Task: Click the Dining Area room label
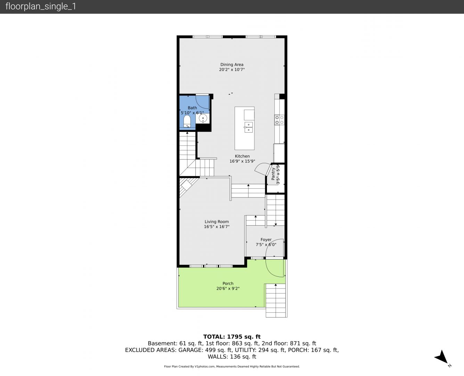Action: click(232, 65)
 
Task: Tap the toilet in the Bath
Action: click(187, 121)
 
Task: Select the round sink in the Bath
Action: click(203, 119)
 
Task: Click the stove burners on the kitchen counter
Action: click(279, 120)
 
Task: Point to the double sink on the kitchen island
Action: click(249, 127)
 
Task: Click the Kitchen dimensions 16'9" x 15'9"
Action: click(242, 161)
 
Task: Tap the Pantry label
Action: click(273, 174)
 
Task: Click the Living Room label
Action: click(217, 222)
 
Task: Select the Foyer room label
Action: click(266, 240)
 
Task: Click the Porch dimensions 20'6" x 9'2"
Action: click(228, 289)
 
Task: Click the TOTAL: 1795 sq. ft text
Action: click(232, 337)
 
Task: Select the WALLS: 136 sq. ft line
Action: click(232, 357)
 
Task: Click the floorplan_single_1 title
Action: click(41, 7)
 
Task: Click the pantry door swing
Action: click(261, 167)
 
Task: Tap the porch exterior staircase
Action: click(276, 300)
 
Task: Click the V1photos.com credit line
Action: click(232, 367)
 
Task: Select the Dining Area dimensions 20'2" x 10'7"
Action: click(232, 70)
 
